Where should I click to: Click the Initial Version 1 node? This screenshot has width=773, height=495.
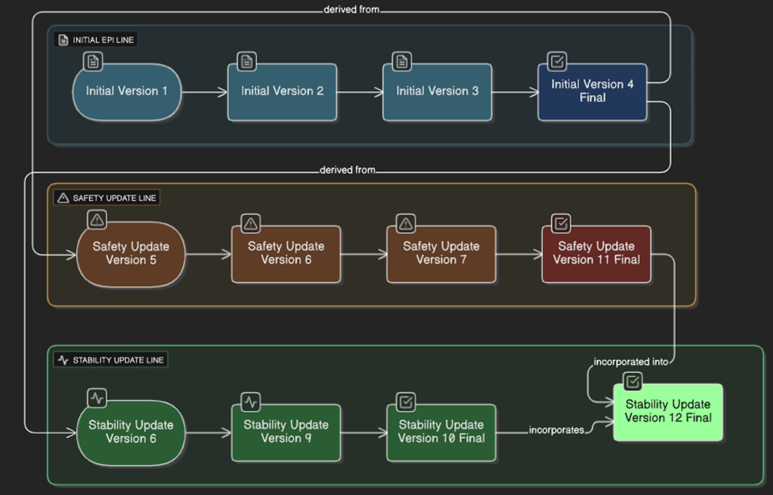pos(127,92)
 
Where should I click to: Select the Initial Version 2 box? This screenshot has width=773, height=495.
pos(282,92)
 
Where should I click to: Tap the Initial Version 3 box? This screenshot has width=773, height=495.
pos(437,92)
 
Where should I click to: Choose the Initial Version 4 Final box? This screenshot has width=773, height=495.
pos(592,92)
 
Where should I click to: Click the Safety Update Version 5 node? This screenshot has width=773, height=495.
pos(131,253)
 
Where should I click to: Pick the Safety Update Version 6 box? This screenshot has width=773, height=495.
pos(285,253)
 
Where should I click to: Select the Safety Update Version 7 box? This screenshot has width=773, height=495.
pos(441,253)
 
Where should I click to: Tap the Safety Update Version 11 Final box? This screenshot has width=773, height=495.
pos(596,253)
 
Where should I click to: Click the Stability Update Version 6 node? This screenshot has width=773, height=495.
pos(131,432)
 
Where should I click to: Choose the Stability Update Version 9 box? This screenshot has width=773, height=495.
pos(285,432)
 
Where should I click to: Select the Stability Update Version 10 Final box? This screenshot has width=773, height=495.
pos(441,432)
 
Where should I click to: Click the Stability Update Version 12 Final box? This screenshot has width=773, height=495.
pos(668,412)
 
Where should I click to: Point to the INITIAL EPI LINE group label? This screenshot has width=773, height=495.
pos(96,40)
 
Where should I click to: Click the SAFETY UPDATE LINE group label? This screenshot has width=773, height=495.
pos(107,198)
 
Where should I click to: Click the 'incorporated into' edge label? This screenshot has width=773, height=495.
pos(631,362)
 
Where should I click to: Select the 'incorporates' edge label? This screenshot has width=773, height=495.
pos(557,430)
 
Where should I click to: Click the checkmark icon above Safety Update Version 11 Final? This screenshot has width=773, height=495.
pos(561,223)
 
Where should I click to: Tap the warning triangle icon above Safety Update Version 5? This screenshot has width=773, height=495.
pos(97,219)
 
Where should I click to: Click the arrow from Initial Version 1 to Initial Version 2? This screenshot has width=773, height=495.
pos(205,92)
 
